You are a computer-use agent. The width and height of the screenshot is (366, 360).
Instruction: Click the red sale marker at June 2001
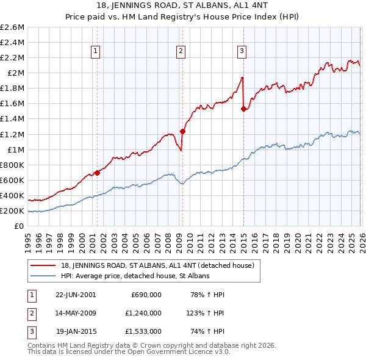tap(97, 173)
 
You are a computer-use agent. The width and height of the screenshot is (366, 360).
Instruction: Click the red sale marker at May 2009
tap(182, 131)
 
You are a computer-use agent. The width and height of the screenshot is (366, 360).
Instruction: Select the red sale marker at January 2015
tap(243, 109)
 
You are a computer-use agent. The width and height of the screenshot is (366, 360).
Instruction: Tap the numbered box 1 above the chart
tap(96, 52)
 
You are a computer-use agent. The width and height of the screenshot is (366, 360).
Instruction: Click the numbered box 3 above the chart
tap(242, 52)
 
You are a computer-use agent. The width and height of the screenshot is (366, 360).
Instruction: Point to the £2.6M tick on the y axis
tap(12, 27)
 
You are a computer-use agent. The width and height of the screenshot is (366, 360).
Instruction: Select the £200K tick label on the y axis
tap(12, 211)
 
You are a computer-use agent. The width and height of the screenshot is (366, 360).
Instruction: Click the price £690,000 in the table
tap(146, 294)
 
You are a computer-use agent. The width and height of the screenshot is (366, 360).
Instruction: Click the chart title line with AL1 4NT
tap(183, 5)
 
